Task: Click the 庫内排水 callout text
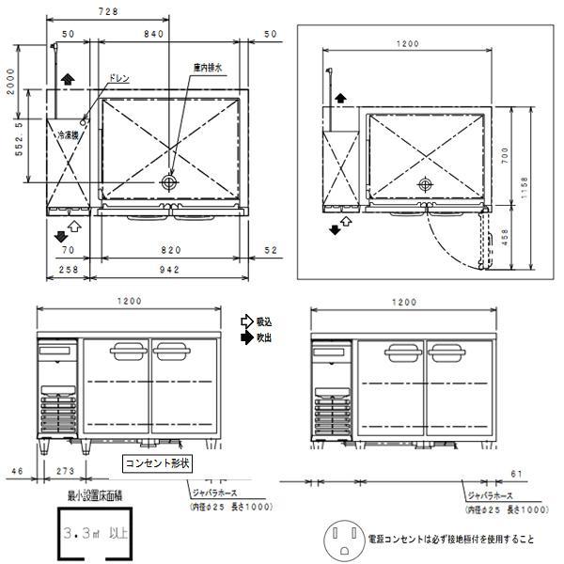[207, 69]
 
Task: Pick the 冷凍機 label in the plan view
[68, 135]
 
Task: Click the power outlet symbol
[343, 540]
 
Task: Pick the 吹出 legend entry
[266, 336]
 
